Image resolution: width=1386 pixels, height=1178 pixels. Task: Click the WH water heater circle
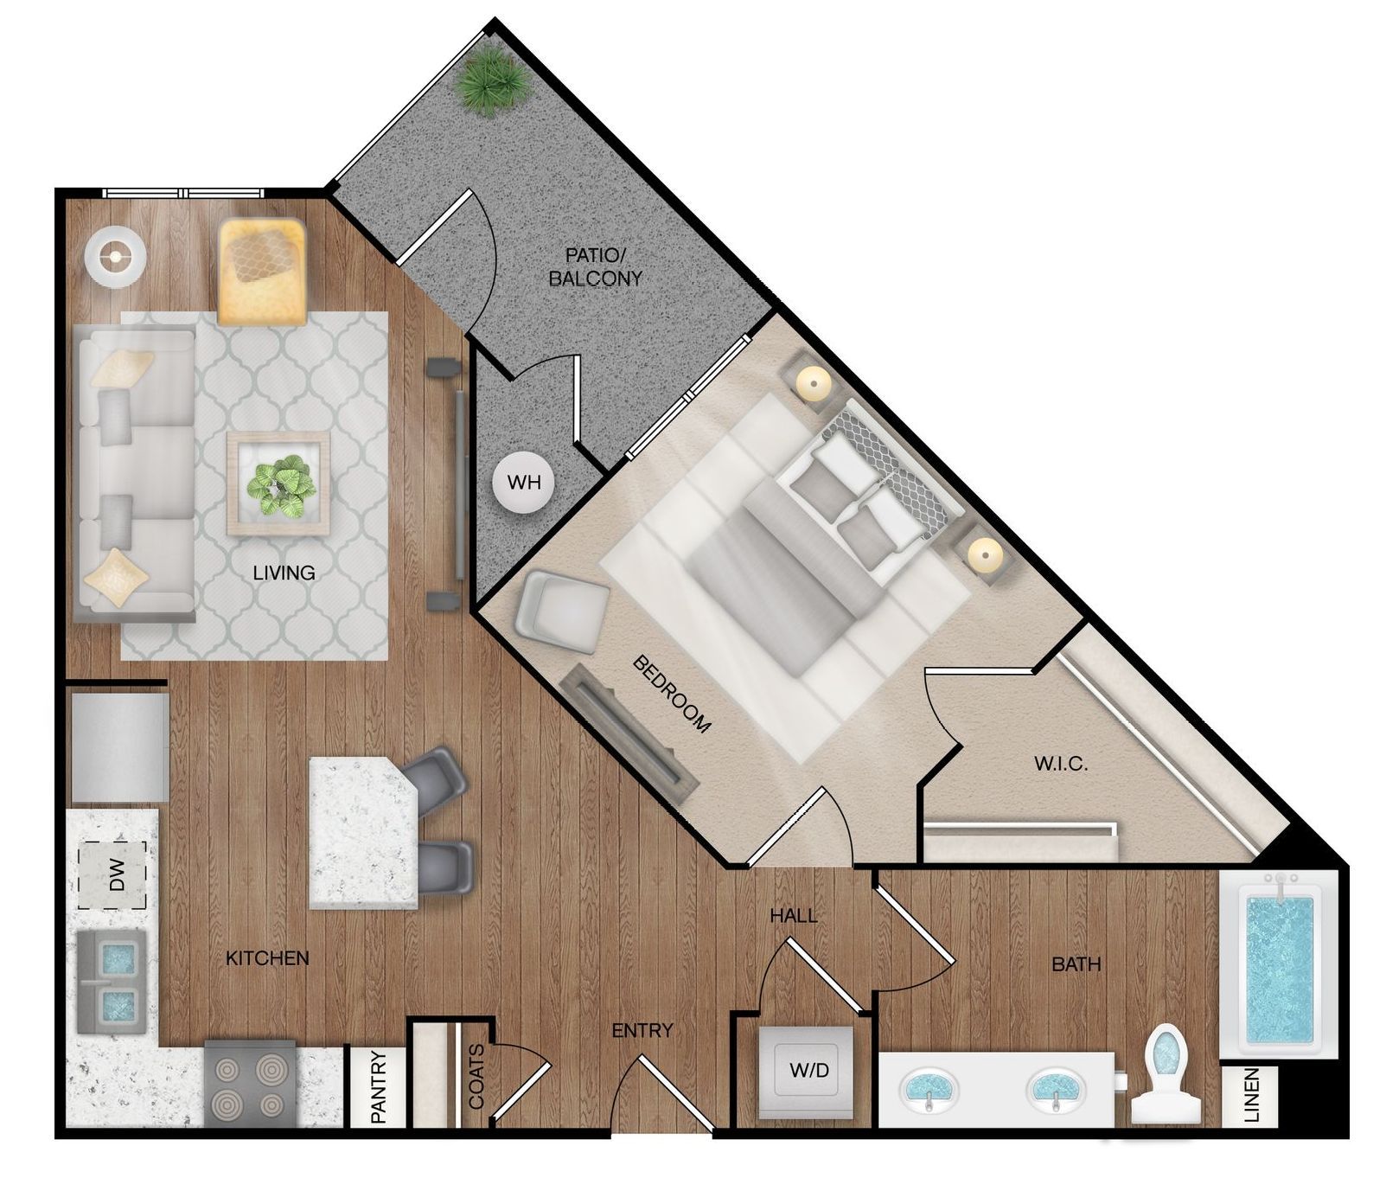pyautogui.click(x=523, y=482)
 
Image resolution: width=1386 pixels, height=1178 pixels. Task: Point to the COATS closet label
pyautogui.click(x=476, y=1076)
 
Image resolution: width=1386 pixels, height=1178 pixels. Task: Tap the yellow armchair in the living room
pyautogui.click(x=262, y=271)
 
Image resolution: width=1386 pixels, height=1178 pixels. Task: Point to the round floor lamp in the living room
pyautogui.click(x=114, y=256)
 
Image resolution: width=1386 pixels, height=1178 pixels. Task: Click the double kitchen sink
pyautogui.click(x=111, y=982)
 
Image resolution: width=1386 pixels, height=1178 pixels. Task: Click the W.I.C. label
pyautogui.click(x=1060, y=764)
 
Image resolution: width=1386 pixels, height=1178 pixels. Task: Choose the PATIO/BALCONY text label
pyautogui.click(x=596, y=266)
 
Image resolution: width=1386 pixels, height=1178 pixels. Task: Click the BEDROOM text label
pyautogui.click(x=672, y=695)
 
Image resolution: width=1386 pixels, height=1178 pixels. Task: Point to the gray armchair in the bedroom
pyautogui.click(x=562, y=611)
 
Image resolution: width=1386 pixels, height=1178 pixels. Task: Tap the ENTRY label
pyautogui.click(x=642, y=1030)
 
